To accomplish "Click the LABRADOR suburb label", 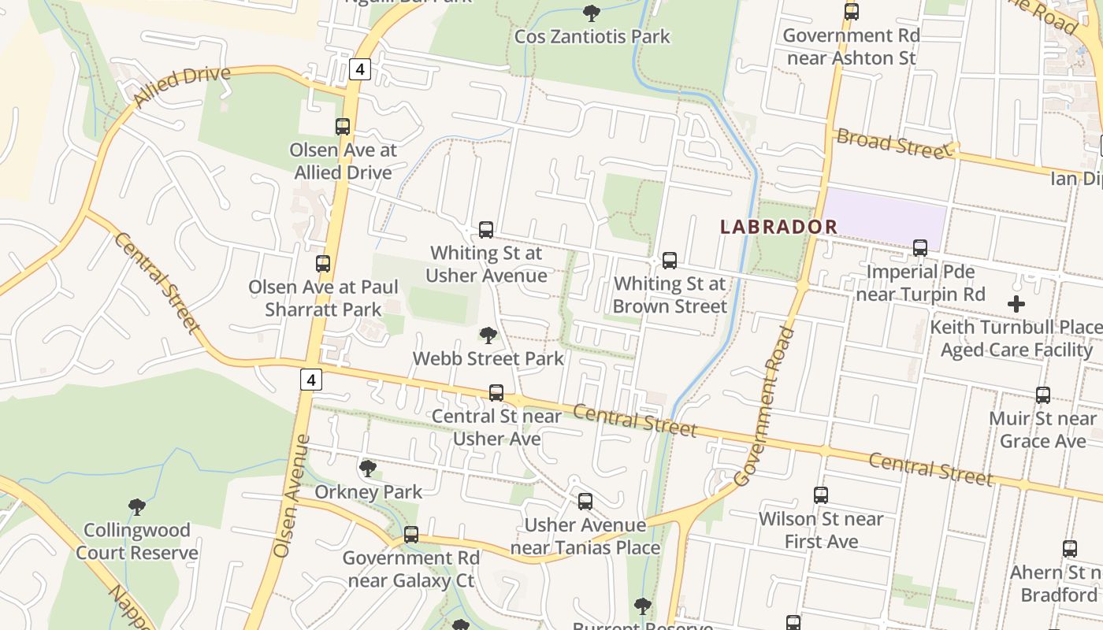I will tap(779, 227).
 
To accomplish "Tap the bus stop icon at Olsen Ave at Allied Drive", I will tap(343, 126).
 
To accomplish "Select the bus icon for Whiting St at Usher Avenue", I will tap(486, 230).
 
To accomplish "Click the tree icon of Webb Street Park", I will tap(488, 335).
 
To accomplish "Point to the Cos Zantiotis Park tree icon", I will tap(591, 13).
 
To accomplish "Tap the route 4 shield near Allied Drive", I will tap(359, 69).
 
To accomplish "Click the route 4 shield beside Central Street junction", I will tap(311, 380).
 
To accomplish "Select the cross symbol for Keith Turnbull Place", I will tap(1016, 303).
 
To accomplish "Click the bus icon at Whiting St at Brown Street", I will tap(670, 260).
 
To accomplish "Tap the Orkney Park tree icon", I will tap(367, 469).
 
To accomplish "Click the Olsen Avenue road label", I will tap(292, 496).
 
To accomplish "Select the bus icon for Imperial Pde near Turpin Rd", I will tap(919, 248).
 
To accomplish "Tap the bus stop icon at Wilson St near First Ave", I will tap(821, 495).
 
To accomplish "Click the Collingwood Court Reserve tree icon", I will tap(137, 506).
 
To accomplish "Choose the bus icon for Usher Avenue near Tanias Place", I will tap(585, 502).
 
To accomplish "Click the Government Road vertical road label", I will tap(764, 406).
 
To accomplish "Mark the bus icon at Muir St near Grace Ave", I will tap(1043, 395).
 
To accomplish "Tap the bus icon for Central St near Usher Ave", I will tap(496, 392).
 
